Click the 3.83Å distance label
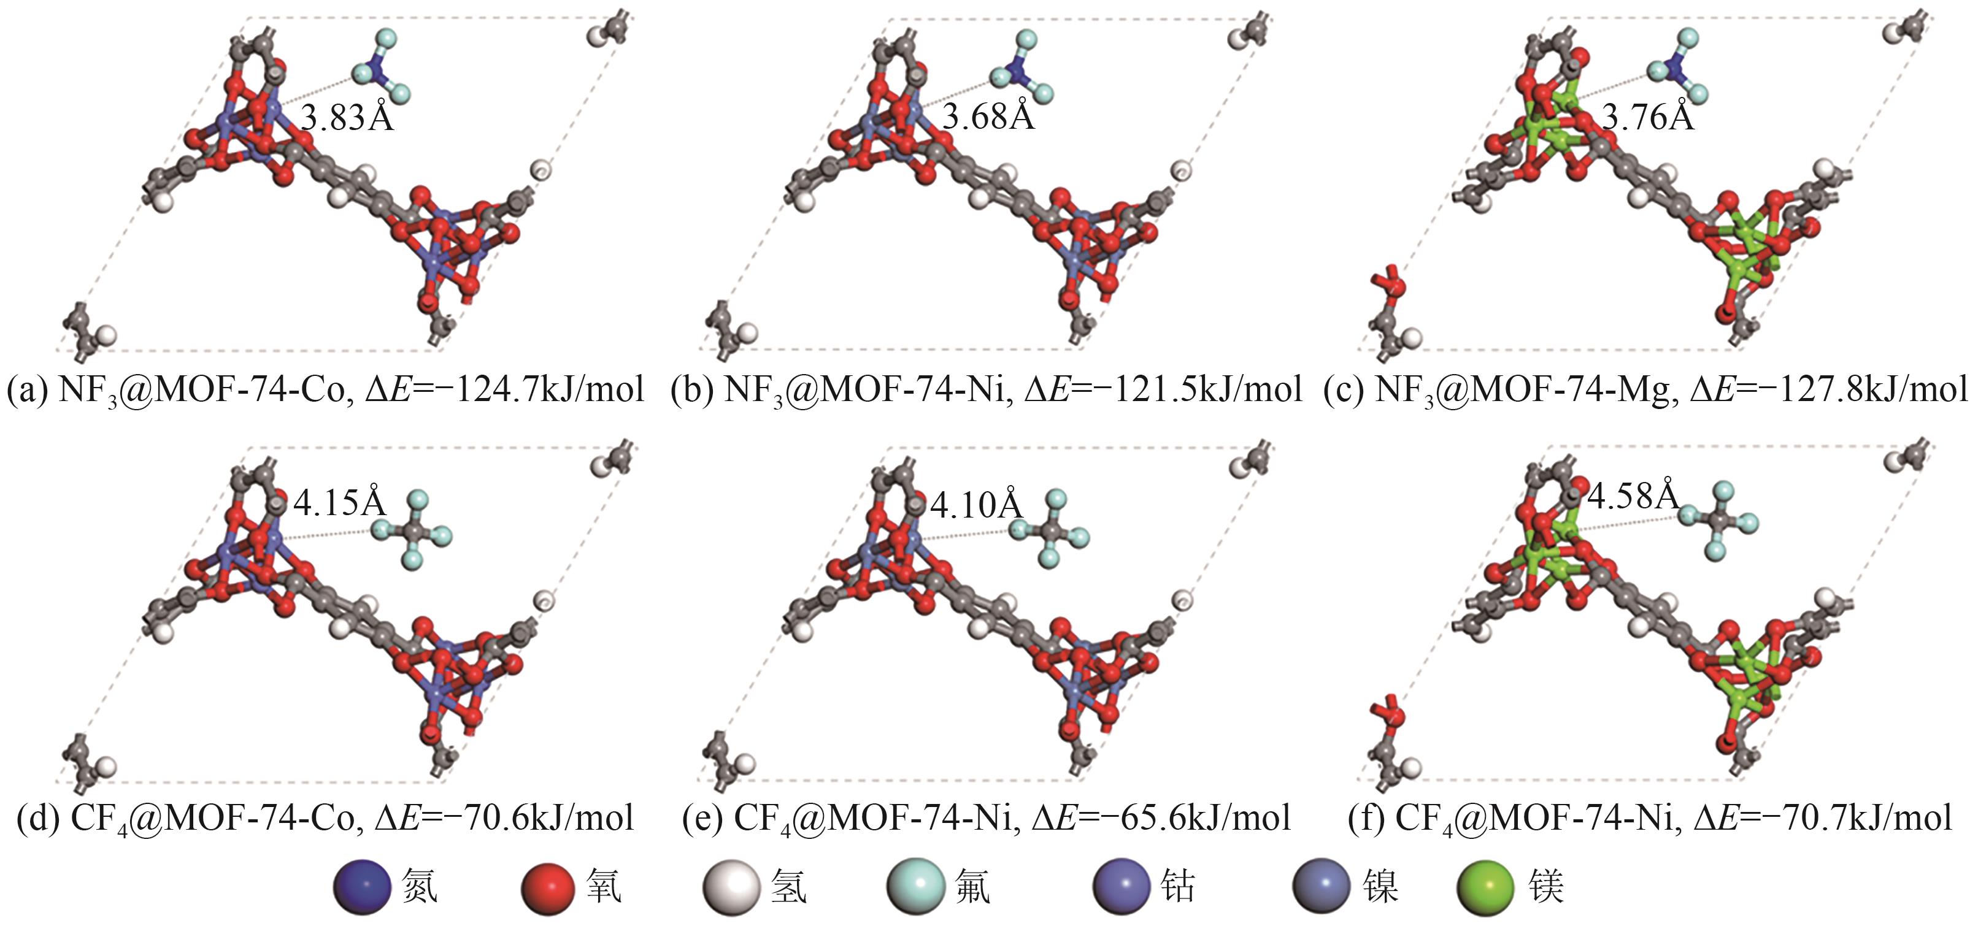tap(347, 118)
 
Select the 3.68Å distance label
tap(988, 117)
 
